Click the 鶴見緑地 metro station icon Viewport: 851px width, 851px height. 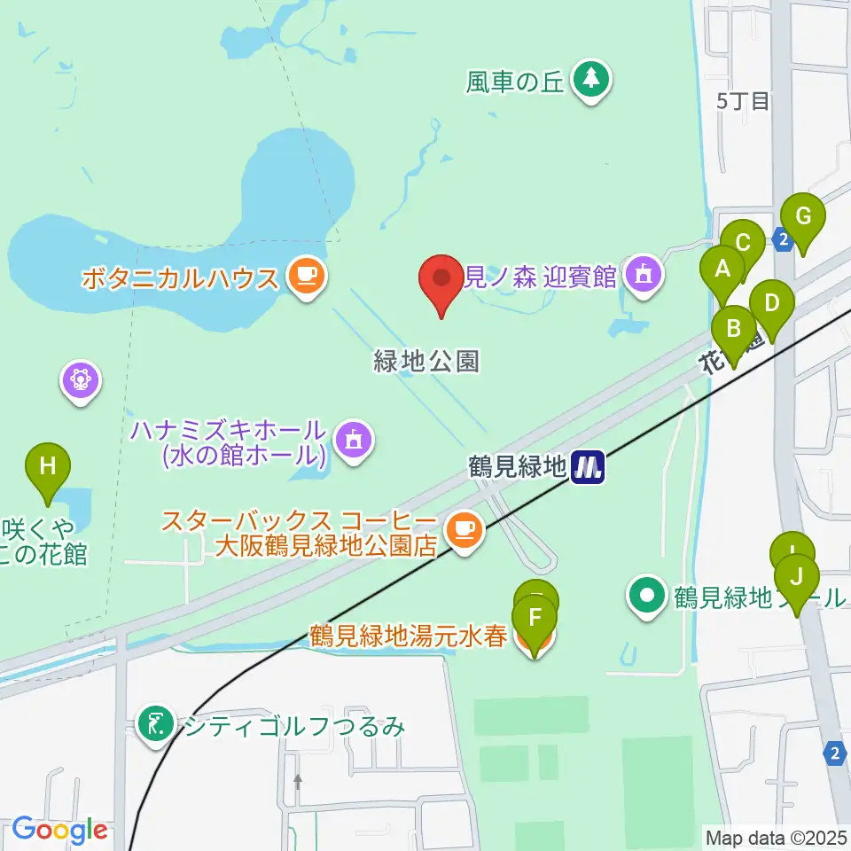(588, 466)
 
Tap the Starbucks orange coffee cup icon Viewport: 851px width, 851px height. (465, 531)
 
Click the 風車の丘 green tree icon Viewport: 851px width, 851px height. (591, 81)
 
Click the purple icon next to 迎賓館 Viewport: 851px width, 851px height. (644, 277)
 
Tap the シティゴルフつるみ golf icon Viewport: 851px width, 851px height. (157, 727)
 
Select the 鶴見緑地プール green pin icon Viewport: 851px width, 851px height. (648, 597)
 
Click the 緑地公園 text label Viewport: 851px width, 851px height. (426, 361)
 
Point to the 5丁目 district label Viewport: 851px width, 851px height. (743, 101)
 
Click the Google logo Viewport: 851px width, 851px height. (59, 829)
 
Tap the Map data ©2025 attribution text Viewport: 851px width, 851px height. (776, 836)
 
